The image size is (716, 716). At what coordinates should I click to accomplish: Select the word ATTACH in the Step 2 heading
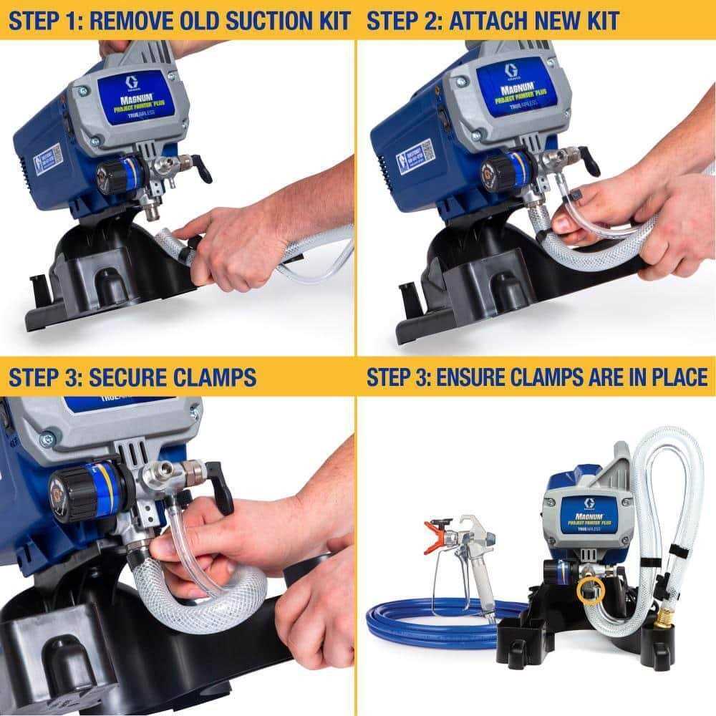point(490,19)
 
